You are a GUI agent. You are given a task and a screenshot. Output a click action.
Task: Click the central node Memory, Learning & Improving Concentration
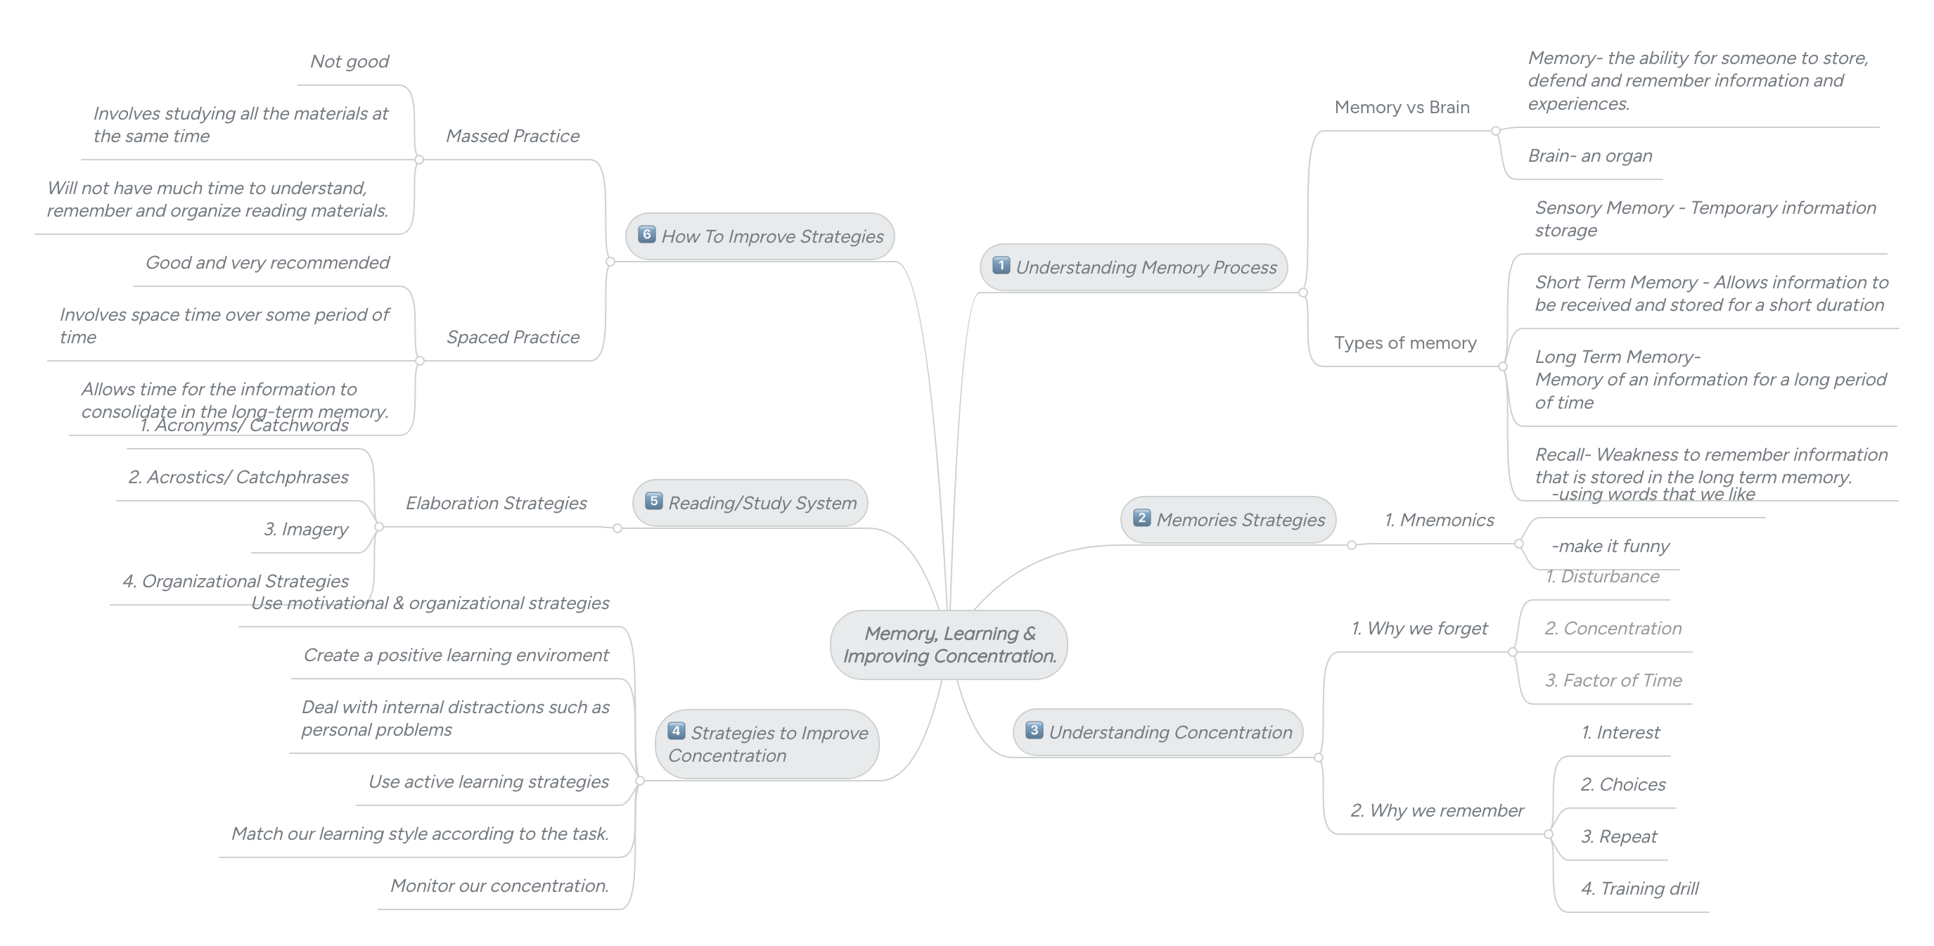pos(949,645)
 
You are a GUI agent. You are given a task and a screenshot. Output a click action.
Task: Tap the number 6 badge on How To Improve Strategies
pos(646,235)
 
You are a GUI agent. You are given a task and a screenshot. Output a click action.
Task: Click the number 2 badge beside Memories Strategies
pos(1141,518)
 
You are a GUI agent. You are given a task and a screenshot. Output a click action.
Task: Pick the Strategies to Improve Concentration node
pos(767,744)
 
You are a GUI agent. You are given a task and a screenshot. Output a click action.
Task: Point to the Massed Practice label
pos(513,136)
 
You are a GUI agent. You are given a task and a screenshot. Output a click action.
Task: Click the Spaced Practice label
pos(513,337)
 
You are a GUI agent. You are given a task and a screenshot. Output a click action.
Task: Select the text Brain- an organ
pos(1589,155)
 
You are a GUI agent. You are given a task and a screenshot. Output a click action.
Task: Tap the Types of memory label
pos(1404,343)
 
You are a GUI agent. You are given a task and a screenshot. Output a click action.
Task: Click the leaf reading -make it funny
pos(1610,546)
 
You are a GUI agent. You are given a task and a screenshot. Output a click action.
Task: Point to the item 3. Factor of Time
pos(1613,680)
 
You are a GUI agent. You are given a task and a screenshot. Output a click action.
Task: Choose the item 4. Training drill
pos(1639,888)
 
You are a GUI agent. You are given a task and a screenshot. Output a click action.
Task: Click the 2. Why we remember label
pos(1437,811)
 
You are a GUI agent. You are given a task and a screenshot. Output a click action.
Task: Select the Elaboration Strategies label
pos(497,503)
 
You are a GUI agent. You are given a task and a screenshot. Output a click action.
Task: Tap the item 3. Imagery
pos(305,530)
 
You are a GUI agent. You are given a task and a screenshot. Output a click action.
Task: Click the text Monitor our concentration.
pos(499,886)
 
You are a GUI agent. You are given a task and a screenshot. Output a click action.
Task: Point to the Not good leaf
pos(349,62)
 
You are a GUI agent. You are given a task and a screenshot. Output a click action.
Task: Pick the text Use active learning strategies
pos(488,781)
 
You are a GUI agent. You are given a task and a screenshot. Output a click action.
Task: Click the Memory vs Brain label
pos(1402,108)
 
